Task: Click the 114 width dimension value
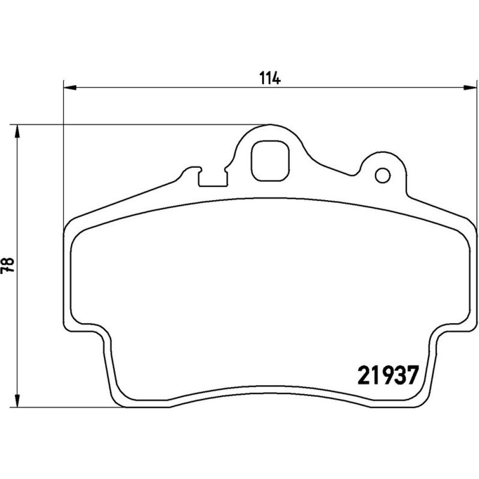click(x=270, y=78)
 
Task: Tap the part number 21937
click(x=388, y=375)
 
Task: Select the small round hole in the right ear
click(x=382, y=176)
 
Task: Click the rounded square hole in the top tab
click(x=270, y=160)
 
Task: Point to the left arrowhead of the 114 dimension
click(x=69, y=88)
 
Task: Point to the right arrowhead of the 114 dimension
click(x=470, y=88)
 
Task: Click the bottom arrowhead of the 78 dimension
click(x=18, y=400)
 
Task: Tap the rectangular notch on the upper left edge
click(x=213, y=178)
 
